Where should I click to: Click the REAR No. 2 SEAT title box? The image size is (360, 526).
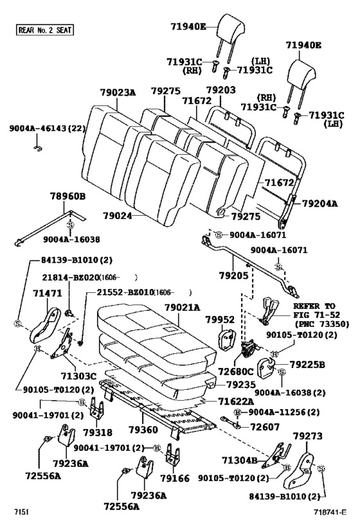(x=44, y=30)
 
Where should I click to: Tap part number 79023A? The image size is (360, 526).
(x=118, y=92)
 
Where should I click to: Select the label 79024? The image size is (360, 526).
(x=118, y=216)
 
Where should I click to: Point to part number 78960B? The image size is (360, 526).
(x=68, y=196)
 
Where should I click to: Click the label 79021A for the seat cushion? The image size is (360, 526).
(x=182, y=307)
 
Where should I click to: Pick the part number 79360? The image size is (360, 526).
(x=143, y=430)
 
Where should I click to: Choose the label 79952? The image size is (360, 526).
(x=220, y=320)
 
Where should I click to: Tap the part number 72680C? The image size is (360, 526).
(x=236, y=371)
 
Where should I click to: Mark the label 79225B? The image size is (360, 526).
(x=307, y=364)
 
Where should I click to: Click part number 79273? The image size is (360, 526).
(x=308, y=435)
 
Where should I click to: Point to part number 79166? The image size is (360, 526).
(x=175, y=478)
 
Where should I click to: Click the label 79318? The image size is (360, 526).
(x=98, y=433)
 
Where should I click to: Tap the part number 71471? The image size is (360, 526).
(x=48, y=294)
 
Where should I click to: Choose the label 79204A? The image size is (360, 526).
(x=320, y=204)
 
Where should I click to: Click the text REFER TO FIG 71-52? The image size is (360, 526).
(x=316, y=310)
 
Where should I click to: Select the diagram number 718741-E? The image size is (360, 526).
(x=330, y=513)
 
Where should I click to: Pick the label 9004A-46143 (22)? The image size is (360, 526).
(x=47, y=128)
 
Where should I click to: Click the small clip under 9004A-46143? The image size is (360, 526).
(x=38, y=148)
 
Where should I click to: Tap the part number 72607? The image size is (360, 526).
(x=265, y=426)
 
